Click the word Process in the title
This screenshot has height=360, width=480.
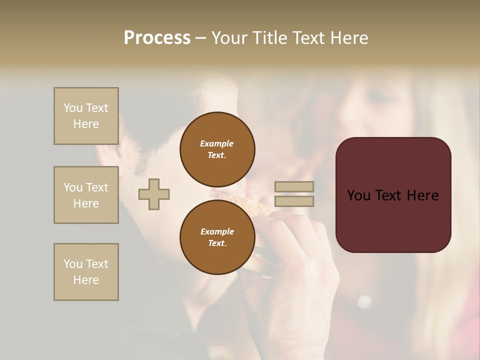tap(157, 38)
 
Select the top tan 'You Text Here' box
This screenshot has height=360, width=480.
tap(86, 116)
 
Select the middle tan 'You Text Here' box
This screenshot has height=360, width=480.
tap(86, 195)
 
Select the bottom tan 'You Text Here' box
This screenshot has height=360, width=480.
tap(86, 272)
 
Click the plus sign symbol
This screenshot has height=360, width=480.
tap(154, 194)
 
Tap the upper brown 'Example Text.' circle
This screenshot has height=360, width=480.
tap(217, 149)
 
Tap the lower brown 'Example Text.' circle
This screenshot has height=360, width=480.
tap(217, 237)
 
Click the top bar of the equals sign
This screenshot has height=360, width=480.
tap(294, 187)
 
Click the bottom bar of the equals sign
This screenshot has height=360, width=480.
tap(294, 201)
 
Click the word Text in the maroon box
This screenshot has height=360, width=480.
tap(392, 195)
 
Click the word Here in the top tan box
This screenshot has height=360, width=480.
tap(86, 124)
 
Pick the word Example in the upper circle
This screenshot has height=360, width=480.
tap(216, 143)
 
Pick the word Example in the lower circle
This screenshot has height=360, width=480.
tap(217, 231)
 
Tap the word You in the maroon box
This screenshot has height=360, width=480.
tap(358, 195)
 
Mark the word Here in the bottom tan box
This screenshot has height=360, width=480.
tap(86, 280)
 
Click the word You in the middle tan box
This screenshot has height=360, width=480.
tap(72, 187)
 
